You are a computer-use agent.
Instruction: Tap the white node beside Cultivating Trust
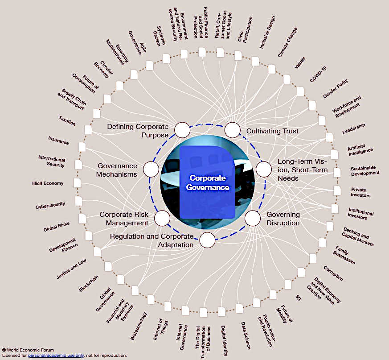click(232, 130)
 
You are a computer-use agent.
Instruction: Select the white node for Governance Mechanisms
click(151, 170)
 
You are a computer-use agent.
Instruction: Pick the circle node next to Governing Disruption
click(252, 218)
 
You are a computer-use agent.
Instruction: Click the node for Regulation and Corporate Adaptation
click(207, 240)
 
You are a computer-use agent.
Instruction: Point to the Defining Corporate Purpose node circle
click(182, 130)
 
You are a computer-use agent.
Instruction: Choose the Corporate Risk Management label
click(123, 219)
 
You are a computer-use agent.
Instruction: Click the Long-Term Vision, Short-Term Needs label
click(302, 170)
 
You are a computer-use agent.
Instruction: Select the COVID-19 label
click(318, 74)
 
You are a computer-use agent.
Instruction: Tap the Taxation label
click(67, 120)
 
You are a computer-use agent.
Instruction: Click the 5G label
click(298, 297)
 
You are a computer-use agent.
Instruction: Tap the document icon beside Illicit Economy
click(78, 183)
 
